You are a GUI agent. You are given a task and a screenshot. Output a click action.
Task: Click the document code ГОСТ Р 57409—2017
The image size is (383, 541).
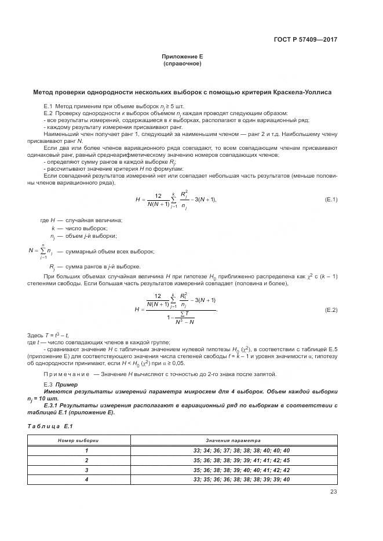(305, 40)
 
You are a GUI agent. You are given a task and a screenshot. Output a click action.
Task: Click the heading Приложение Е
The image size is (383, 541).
(182, 57)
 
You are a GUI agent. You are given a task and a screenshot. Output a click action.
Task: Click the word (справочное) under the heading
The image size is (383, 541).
(182, 64)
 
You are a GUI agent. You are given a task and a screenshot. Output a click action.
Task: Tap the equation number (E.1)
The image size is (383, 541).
(331, 200)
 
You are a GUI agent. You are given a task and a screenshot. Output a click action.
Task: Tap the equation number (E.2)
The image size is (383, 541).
(331, 311)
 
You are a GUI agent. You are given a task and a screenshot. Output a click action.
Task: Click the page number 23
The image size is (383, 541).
(333, 492)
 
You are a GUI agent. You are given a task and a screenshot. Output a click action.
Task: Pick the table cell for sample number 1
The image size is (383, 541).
(86, 450)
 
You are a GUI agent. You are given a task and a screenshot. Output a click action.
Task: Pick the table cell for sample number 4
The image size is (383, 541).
(86, 480)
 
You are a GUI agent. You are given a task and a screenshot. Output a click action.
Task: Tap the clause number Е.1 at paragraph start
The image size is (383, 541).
(48, 108)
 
